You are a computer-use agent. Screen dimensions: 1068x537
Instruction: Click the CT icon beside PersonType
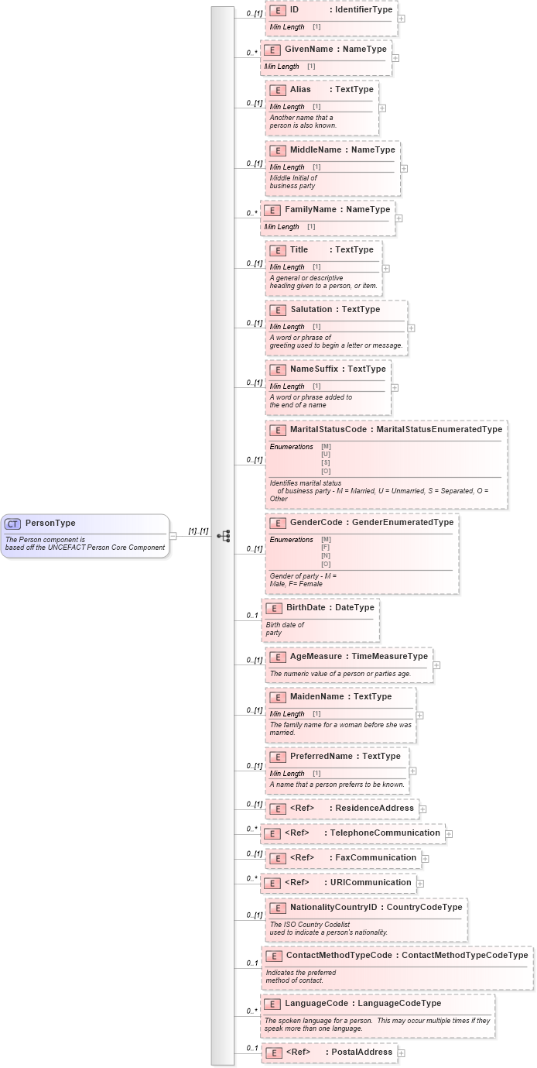tap(13, 524)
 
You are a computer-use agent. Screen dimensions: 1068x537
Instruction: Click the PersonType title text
tap(50, 524)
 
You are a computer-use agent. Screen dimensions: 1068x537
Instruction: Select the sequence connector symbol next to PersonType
tap(224, 536)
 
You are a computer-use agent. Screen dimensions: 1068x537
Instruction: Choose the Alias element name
tap(300, 90)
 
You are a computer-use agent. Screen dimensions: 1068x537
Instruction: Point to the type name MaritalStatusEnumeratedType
tap(439, 430)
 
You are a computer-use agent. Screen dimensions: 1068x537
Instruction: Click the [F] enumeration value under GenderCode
tap(326, 548)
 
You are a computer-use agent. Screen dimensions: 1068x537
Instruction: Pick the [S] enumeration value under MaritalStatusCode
tap(326, 462)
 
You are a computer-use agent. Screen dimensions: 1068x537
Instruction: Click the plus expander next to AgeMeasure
tap(436, 664)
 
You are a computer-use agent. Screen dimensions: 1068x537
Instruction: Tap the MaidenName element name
tap(317, 697)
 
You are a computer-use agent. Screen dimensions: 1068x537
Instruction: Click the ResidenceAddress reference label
tap(375, 809)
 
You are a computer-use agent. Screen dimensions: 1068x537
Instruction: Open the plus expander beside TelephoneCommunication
tap(449, 834)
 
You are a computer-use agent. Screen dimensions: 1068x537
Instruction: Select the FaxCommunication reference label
tap(374, 858)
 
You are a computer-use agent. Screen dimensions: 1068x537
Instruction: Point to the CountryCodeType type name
tap(424, 908)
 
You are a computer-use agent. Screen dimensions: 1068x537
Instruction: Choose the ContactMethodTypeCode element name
tap(340, 956)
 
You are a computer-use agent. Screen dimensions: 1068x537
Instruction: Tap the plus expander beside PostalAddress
tap(401, 1053)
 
